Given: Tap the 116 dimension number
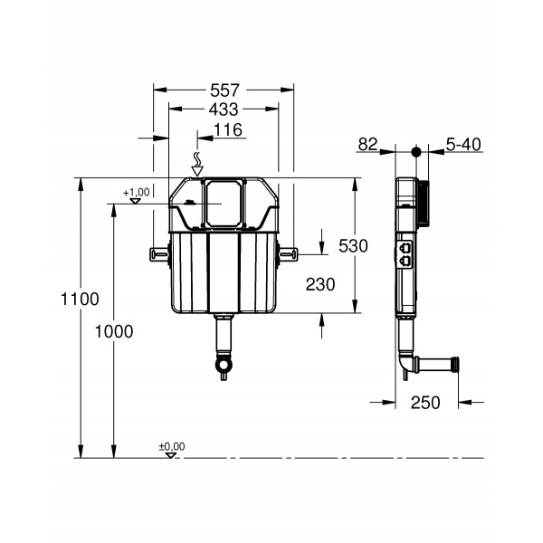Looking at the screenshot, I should pyautogui.click(x=231, y=131).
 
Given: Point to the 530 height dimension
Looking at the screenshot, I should pyautogui.click(x=353, y=245).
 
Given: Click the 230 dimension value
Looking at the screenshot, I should pyautogui.click(x=319, y=284).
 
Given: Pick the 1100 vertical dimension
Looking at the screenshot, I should pyautogui.click(x=80, y=298).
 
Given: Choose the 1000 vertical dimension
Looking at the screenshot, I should pyautogui.click(x=113, y=331).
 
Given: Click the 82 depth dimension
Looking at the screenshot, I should pyautogui.click(x=369, y=144).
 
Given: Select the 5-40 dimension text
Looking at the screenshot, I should pyautogui.click(x=463, y=144).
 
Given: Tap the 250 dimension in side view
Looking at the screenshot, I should pyautogui.click(x=424, y=403).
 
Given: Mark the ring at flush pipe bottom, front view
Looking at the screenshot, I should pyautogui.click(x=223, y=366).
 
